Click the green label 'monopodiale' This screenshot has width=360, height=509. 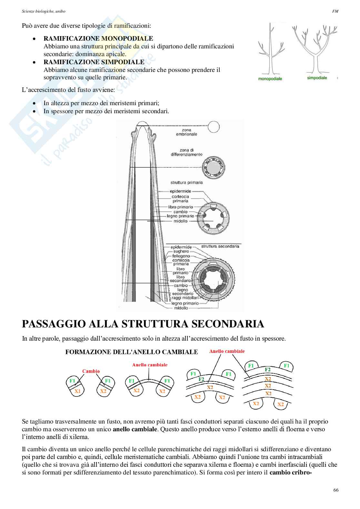pos(270,78)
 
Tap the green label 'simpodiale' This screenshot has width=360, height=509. pos(317,78)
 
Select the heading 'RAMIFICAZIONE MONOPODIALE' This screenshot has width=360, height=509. pos(98,39)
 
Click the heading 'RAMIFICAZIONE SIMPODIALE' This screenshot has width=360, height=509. pos(94,62)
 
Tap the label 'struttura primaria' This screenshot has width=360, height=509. pos(186,182)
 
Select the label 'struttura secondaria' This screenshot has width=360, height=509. pos(220,246)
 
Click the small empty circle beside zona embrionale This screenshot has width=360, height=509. pos(213,127)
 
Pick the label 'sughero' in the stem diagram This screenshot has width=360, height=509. pos(181,251)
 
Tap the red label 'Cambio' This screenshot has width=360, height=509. pos(91,371)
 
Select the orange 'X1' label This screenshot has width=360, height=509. pos(77,391)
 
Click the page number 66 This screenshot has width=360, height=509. pos(336,490)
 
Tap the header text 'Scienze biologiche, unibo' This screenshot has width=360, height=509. pos(44,11)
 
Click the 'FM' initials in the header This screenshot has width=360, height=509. pos(335,11)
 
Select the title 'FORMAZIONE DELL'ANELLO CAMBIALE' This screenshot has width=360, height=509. pos(132,352)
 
